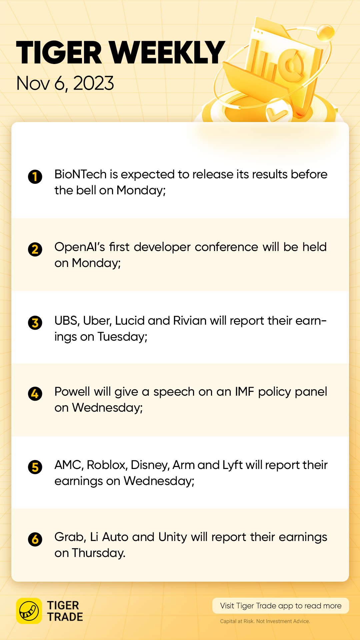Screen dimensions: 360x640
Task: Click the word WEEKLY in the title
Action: [167, 52]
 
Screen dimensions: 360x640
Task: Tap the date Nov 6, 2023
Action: [65, 83]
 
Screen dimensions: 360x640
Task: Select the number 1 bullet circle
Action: [35, 177]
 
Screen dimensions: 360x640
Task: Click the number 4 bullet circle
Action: [35, 394]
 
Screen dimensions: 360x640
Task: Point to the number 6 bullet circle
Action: [35, 539]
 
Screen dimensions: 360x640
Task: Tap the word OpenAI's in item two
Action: [80, 247]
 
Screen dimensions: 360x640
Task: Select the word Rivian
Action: [190, 321]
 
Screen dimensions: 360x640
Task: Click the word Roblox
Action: [107, 465]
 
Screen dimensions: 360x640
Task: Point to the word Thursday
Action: [99, 553]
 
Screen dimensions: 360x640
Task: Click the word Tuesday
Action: [122, 337]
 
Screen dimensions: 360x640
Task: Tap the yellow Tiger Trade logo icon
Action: [29, 611]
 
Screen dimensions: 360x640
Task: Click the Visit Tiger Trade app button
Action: [281, 606]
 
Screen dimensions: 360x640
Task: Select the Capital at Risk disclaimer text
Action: [265, 621]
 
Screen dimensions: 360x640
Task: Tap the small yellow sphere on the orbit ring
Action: [325, 32]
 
